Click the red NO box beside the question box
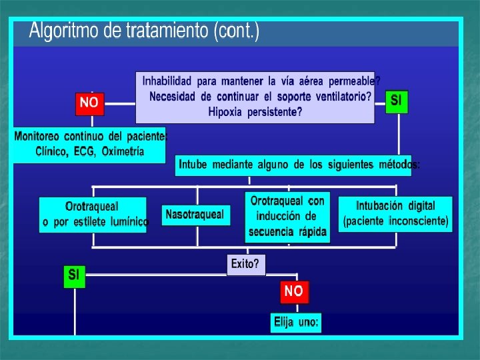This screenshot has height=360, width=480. click(89, 103)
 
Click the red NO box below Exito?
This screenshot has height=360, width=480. click(293, 291)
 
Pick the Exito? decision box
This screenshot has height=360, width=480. click(245, 264)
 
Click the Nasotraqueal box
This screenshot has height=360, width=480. click(195, 215)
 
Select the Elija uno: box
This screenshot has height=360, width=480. click(296, 323)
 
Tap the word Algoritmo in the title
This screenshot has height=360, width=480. click(62, 31)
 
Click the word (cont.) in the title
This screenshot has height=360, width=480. click(236, 31)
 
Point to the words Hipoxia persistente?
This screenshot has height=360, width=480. click(255, 111)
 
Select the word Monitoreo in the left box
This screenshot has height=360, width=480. click(42, 137)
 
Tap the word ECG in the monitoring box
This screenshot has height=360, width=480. click(81, 151)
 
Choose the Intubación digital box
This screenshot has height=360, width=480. click(395, 213)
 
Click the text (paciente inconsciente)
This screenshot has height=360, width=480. click(395, 221)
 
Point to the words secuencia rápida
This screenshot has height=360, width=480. click(288, 232)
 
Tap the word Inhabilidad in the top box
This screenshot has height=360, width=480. click(167, 81)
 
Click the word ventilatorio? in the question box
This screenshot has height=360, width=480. click(337, 96)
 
